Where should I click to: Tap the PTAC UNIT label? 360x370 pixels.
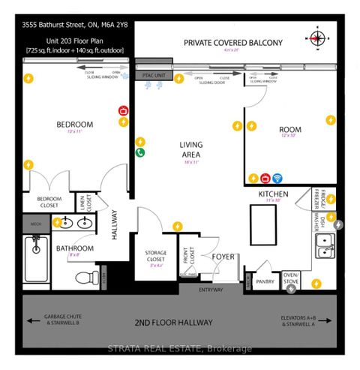pos(154,76)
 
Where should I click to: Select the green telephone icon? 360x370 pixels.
pos(140,152)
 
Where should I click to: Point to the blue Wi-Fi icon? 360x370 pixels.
pos(276,178)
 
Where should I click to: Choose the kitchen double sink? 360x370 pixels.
pos(325,242)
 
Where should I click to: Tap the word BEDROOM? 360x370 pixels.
pos(74,125)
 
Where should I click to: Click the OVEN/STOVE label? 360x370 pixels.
pos(291,279)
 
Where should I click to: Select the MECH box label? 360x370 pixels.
pos(34,224)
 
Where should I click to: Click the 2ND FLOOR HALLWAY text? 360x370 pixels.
pos(173,323)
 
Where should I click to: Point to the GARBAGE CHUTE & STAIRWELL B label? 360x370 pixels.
pos(55,320)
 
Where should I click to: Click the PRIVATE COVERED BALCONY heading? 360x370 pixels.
pos(233,43)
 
